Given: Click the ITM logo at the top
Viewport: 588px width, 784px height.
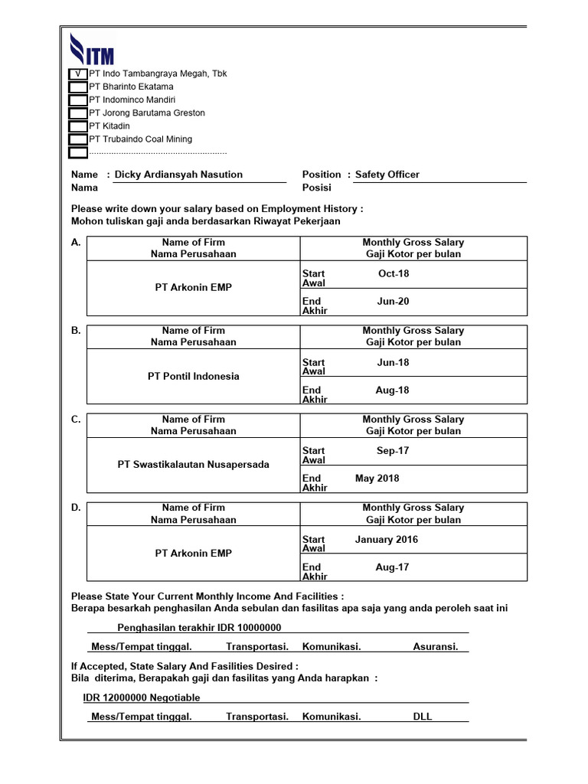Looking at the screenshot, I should pyautogui.click(x=92, y=49).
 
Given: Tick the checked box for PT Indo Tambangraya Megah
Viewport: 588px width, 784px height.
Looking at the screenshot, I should pyautogui.click(x=77, y=74).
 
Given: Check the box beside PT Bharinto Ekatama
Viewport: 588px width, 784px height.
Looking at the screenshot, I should pyautogui.click(x=77, y=87).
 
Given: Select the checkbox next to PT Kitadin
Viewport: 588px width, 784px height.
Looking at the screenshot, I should pyautogui.click(x=77, y=126).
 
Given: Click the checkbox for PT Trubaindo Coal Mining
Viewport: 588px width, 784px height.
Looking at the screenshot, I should pyautogui.click(x=77, y=139).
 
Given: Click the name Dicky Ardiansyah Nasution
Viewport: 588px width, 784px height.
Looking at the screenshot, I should pyautogui.click(x=178, y=175).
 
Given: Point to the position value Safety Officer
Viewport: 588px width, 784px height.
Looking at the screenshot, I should pyautogui.click(x=387, y=175).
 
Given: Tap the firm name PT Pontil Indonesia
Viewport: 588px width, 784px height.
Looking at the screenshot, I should pyautogui.click(x=194, y=376).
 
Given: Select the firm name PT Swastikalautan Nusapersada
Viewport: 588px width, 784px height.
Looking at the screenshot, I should pyautogui.click(x=194, y=465).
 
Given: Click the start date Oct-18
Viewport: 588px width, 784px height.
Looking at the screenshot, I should pyautogui.click(x=394, y=273).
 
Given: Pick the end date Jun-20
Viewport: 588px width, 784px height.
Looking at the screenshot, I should pyautogui.click(x=394, y=302).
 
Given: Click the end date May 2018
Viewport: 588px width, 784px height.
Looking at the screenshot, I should pyautogui.click(x=377, y=479).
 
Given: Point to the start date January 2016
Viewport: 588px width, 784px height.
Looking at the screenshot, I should pyautogui.click(x=387, y=540).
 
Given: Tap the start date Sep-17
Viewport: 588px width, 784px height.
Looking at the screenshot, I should pyautogui.click(x=393, y=451).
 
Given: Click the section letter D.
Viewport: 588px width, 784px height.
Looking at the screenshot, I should pyautogui.click(x=76, y=508).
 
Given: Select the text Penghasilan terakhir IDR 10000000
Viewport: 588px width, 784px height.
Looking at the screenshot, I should pyautogui.click(x=194, y=628).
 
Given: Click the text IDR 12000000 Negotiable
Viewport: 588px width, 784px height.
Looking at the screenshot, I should pyautogui.click(x=142, y=697).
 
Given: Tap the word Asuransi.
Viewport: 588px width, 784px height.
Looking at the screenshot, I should pyautogui.click(x=436, y=647).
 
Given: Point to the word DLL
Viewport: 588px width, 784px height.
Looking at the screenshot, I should pyautogui.click(x=423, y=717).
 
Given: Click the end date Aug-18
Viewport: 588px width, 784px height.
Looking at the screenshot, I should pyautogui.click(x=393, y=390).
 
